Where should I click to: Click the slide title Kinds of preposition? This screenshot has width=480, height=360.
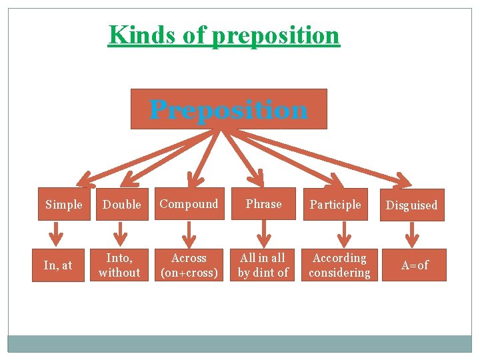[x=224, y=35]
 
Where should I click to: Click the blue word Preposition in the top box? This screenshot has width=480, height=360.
[x=229, y=109]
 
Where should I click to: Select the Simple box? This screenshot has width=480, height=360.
[x=64, y=205]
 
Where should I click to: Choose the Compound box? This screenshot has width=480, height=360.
[x=189, y=204]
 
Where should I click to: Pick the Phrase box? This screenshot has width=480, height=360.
[x=264, y=204]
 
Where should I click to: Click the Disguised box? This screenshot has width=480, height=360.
[x=412, y=205]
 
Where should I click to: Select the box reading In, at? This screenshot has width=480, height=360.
[x=58, y=265]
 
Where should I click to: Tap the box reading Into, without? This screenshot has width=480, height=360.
[x=119, y=265]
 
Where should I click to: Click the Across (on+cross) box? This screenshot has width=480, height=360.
[x=189, y=265]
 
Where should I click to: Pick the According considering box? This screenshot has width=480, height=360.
[x=339, y=265]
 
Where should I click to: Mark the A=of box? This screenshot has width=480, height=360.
[x=414, y=265]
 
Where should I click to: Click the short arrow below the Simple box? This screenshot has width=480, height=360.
[x=59, y=234]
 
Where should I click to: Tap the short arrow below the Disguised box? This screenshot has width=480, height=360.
[x=413, y=234]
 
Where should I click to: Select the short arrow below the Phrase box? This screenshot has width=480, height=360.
[x=265, y=233]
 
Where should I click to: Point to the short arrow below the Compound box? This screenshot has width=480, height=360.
[x=190, y=233]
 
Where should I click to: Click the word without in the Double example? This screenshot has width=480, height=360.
[x=119, y=273]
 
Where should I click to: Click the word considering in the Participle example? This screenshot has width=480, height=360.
[x=339, y=273]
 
